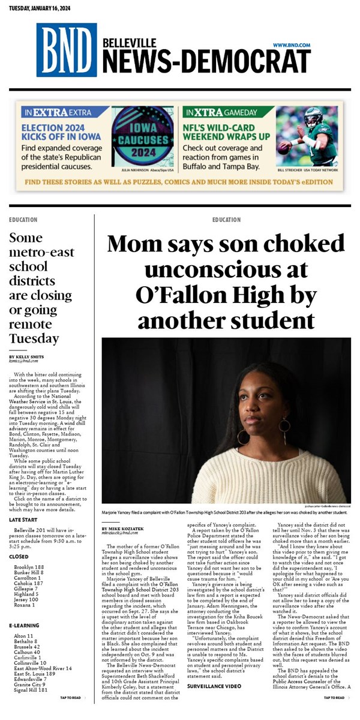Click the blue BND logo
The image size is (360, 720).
point(66,50)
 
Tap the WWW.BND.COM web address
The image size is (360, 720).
point(291,45)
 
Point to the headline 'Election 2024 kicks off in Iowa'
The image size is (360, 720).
point(65,132)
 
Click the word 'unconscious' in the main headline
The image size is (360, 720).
point(226,270)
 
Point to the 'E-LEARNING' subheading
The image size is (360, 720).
point(24,626)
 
